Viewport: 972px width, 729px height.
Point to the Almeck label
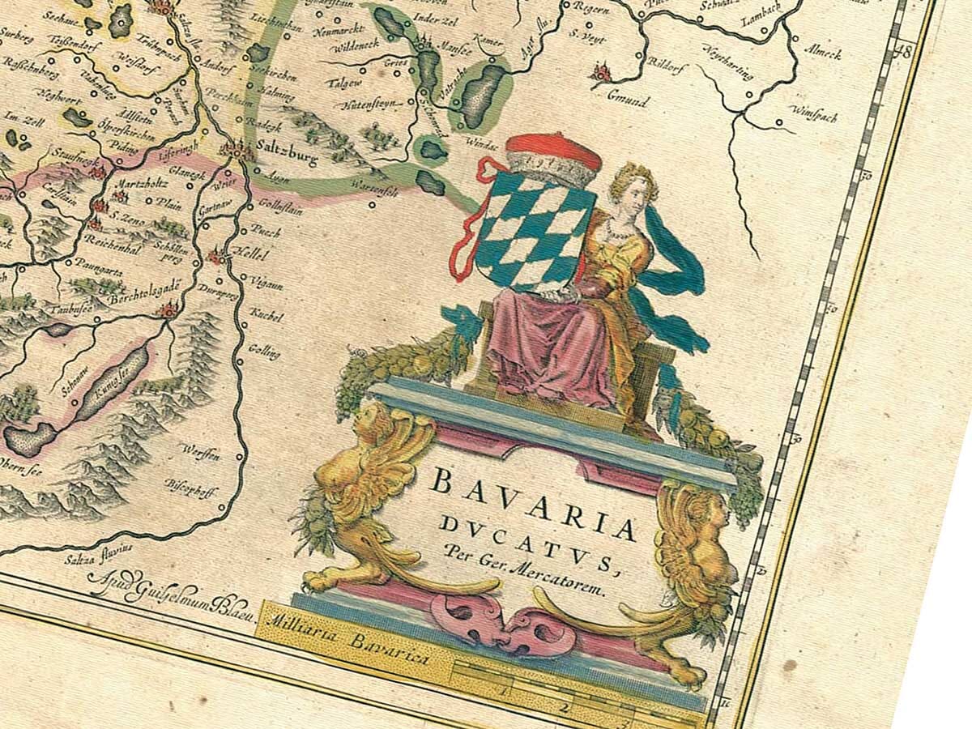(822, 53)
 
